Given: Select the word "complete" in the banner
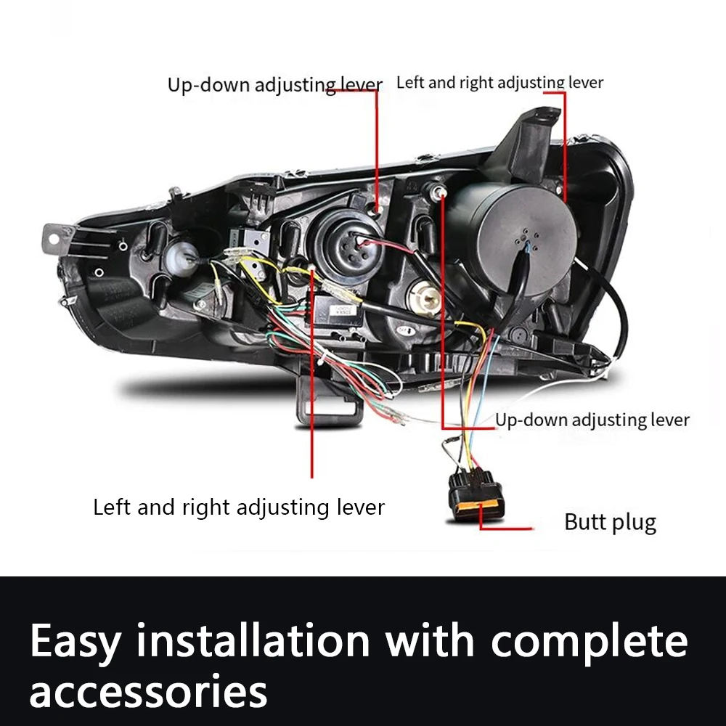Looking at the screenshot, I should tap(589, 643).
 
